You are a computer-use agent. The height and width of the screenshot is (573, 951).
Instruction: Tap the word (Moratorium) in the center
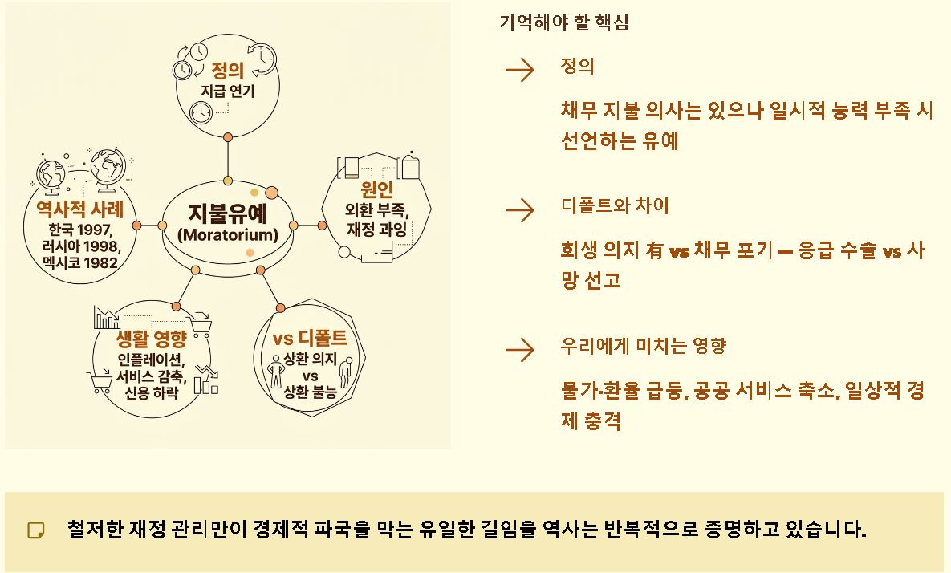pyautogui.click(x=227, y=235)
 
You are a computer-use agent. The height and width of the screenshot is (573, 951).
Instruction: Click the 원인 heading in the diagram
pyautogui.click(x=377, y=191)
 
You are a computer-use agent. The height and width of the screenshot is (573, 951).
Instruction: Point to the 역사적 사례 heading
pyautogui.click(x=79, y=209)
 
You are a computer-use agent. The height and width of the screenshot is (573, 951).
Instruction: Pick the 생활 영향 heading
pyautogui.click(x=152, y=337)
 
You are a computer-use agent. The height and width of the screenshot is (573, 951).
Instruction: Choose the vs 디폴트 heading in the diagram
pyautogui.click(x=311, y=337)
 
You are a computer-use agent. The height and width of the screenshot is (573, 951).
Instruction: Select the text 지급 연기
pyautogui.click(x=227, y=91)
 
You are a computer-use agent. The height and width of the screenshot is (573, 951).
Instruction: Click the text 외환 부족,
pyautogui.click(x=377, y=212)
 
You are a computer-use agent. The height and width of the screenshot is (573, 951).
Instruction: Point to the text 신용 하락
pyautogui.click(x=152, y=391)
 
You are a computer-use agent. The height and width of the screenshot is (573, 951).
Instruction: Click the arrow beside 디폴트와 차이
pyautogui.click(x=520, y=210)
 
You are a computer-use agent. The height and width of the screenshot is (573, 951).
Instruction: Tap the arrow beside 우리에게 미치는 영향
pyautogui.click(x=520, y=350)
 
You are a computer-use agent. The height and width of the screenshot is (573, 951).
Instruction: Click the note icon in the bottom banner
pyautogui.click(x=36, y=530)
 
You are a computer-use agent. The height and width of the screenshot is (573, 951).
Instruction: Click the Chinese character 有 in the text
pyautogui.click(x=653, y=251)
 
